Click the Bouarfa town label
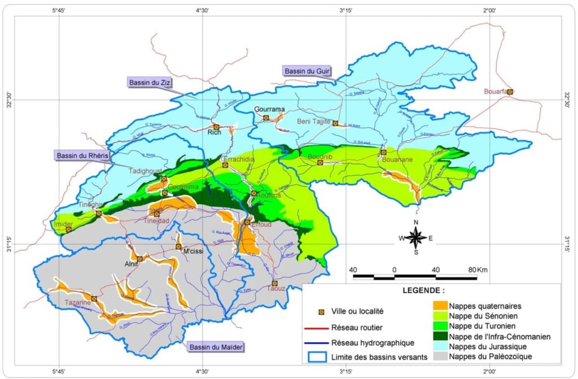coord(495,91)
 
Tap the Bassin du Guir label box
coord(306,71)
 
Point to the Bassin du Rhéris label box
coord(80,155)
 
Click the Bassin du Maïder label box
coord(214,347)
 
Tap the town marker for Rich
coord(216,127)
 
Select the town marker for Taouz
coord(275,284)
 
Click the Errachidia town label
coord(240,159)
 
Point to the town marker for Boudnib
coord(320,163)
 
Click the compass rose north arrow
coord(416,228)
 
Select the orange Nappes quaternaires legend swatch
coord(437,306)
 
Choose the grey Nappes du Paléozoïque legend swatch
coord(437,356)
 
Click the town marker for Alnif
coord(139,259)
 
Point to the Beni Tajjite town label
coord(314,121)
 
